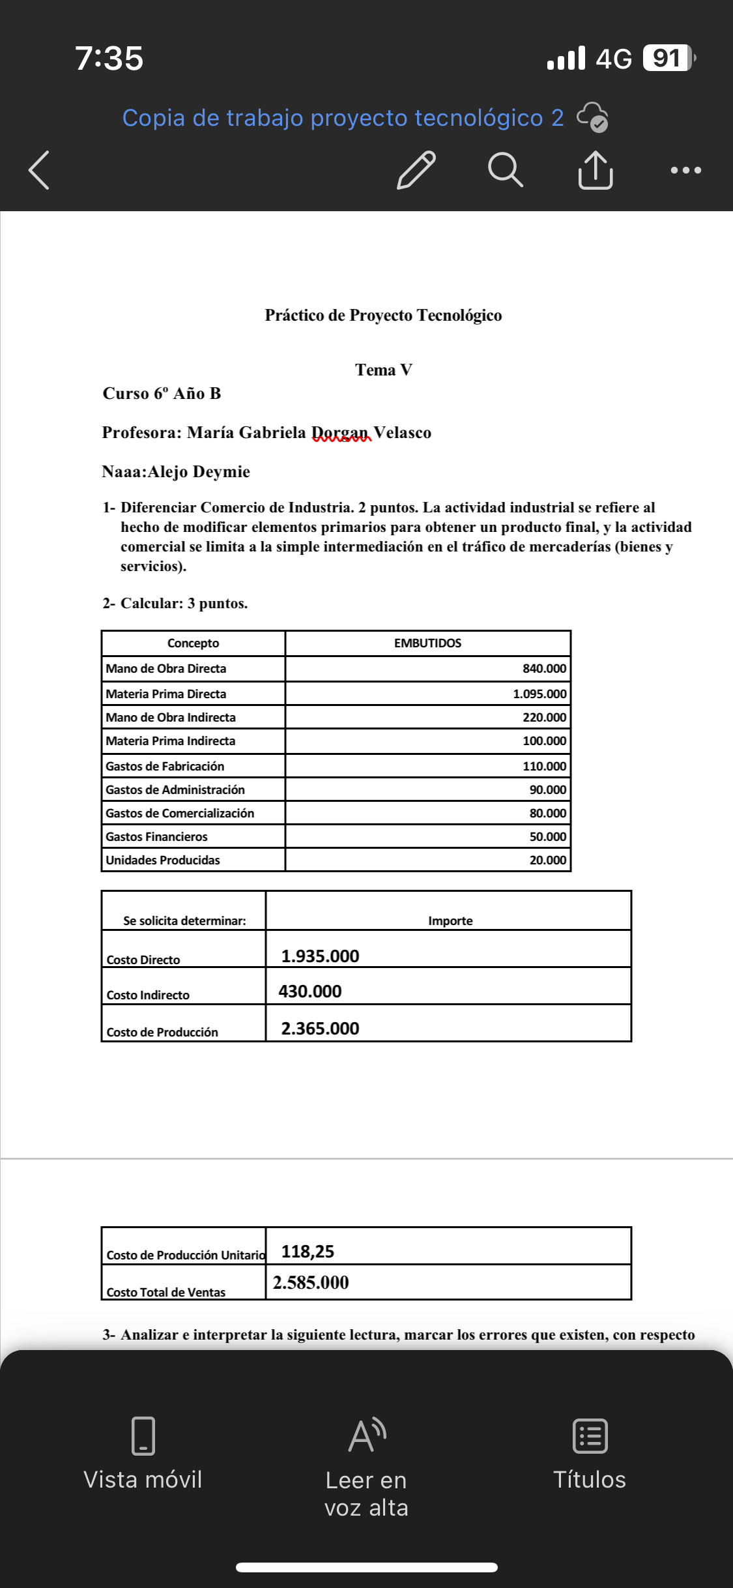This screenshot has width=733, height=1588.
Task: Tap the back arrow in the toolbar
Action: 39,170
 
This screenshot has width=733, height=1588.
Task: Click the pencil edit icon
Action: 416,170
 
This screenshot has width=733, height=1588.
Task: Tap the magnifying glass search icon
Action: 505,170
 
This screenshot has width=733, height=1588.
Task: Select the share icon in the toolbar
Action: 595,170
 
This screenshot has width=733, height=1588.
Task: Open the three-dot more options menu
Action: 685,170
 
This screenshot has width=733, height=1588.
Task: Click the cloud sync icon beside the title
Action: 593,117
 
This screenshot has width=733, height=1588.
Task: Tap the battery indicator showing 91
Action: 667,58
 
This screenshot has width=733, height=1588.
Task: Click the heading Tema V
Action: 383,370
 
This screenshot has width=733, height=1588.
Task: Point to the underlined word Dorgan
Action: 341,433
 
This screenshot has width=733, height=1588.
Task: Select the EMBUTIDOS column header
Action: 427,643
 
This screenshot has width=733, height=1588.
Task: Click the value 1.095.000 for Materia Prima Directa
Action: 539,694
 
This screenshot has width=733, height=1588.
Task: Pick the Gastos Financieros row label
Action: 157,836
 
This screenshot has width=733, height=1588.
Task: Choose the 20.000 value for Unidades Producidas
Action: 547,860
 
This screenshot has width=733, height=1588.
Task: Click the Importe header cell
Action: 450,920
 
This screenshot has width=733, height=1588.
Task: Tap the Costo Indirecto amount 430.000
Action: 310,992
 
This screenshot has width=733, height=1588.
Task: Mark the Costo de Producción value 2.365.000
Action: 320,1029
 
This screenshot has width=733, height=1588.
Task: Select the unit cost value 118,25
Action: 308,1252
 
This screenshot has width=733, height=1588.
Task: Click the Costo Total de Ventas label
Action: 166,1292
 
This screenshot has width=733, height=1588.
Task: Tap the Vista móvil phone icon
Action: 143,1435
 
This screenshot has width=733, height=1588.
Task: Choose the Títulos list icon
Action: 590,1435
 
